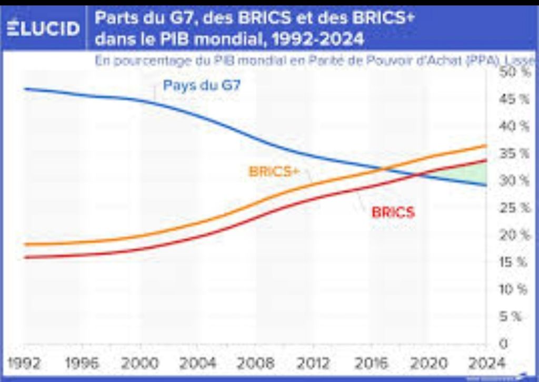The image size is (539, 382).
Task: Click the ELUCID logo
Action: coord(44,28)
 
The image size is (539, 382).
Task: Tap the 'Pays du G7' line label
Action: coord(202,85)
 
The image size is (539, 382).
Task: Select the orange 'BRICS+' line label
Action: coord(274,172)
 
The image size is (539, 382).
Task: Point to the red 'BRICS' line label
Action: coord(393,212)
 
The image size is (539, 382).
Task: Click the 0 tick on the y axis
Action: coord(504,344)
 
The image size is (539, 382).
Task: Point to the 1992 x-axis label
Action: coord(26,364)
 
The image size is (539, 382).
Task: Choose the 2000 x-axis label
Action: coord(139,364)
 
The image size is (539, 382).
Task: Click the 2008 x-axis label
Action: coord(255,364)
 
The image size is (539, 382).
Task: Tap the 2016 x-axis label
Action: coord(370,364)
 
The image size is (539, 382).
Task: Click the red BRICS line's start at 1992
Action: coord(25,257)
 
